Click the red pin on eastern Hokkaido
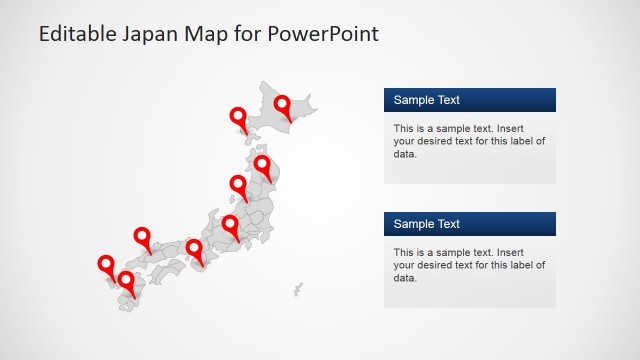(283, 104)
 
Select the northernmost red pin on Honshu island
(262, 164)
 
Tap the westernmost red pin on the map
(106, 264)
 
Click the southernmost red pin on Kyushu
(126, 281)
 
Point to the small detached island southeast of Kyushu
(298, 289)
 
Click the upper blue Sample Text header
(469, 100)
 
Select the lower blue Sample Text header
(469, 224)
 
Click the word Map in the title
(210, 34)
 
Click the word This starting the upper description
(404, 129)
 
